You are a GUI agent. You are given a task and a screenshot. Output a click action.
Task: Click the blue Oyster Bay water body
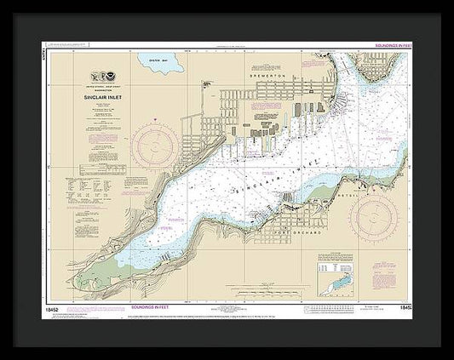coord(152,66)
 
